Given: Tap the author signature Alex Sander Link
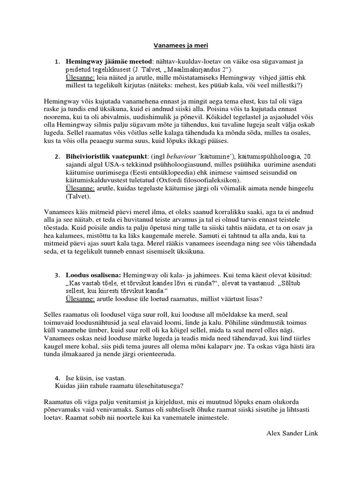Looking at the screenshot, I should point(292,433).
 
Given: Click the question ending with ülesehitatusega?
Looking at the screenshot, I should point(119,385).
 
